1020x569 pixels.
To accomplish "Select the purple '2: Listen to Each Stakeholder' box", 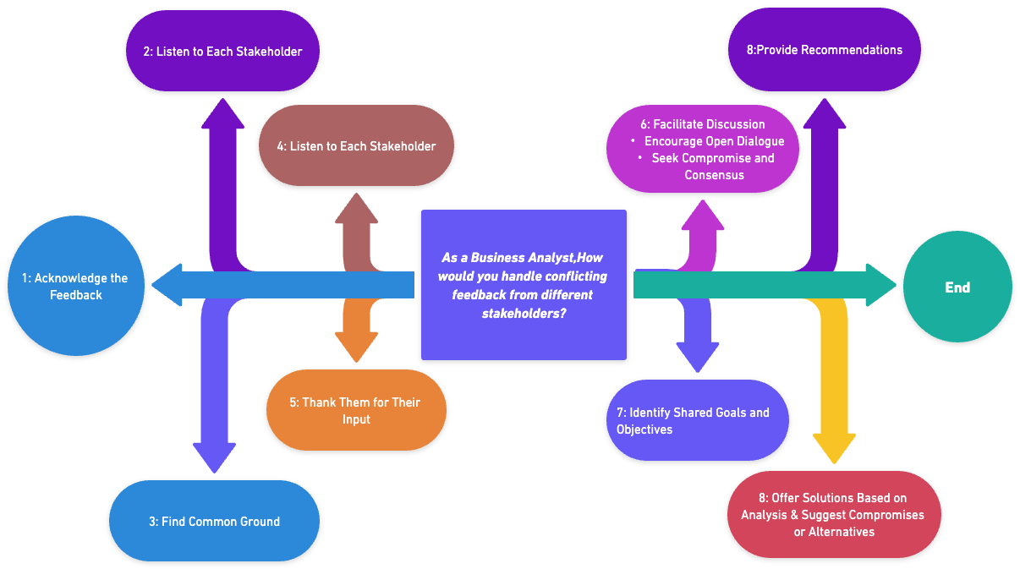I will (222, 51).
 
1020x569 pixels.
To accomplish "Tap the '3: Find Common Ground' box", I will (214, 521).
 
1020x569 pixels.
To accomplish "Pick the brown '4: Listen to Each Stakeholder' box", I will (356, 145).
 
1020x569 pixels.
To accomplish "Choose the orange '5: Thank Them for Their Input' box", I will (356, 410).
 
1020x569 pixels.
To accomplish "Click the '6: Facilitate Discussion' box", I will (703, 149).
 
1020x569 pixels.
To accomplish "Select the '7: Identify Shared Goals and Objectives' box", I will (697, 420).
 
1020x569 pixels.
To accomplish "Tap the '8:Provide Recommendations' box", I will (824, 49).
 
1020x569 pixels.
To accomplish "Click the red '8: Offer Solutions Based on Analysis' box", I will (833, 514).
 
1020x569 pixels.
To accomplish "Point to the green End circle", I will (957, 287).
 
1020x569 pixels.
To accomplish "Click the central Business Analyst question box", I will (524, 285).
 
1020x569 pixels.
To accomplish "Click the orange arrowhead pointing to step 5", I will (356, 347).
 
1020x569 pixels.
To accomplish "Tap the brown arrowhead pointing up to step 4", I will (356, 208).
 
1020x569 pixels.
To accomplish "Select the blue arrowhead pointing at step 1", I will (168, 285).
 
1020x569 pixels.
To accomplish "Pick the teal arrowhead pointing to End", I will (881, 285).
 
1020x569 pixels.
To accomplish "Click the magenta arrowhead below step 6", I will (703, 215).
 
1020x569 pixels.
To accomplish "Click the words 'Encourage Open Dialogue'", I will (714, 141).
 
